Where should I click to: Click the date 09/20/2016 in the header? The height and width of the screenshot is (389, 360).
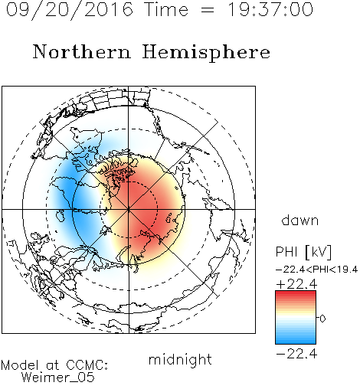click(70, 10)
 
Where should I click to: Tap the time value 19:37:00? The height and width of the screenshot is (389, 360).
click(270, 9)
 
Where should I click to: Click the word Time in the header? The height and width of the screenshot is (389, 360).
click(166, 9)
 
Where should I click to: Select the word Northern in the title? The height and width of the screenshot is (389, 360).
click(82, 51)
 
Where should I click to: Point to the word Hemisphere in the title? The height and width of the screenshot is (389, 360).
click(206, 53)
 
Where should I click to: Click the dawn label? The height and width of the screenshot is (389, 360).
click(300, 220)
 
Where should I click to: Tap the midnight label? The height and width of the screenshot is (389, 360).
click(180, 359)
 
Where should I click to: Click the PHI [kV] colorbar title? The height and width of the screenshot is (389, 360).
click(303, 252)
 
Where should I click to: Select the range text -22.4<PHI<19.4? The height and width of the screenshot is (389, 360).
click(316, 270)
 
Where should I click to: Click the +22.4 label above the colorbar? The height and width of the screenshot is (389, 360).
click(296, 284)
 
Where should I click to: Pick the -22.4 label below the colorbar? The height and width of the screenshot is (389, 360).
click(296, 354)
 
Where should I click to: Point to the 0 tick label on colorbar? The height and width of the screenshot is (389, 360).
click(322, 319)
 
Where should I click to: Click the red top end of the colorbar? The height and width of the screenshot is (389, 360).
click(296, 293)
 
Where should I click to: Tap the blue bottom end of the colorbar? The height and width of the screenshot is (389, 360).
click(296, 341)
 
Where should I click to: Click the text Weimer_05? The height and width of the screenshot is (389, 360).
click(58, 378)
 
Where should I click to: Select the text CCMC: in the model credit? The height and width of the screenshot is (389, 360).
click(87, 365)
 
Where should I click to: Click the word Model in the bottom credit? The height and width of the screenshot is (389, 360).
click(20, 365)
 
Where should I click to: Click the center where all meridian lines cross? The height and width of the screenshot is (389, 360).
click(129, 210)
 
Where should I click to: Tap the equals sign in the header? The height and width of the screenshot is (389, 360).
click(208, 10)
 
